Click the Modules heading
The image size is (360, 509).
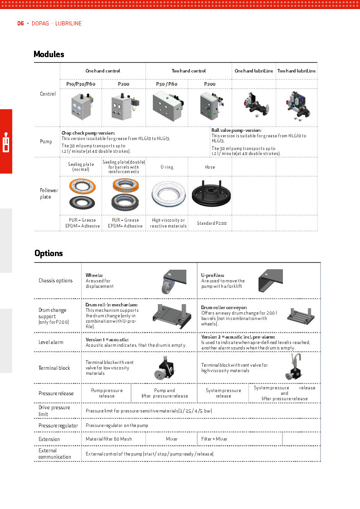(x=49, y=54)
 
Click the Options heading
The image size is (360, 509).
(x=49, y=253)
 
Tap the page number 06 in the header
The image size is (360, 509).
(x=20, y=24)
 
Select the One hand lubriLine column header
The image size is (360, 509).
(x=253, y=71)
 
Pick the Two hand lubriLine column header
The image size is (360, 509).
(x=297, y=71)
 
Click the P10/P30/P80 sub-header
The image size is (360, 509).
(x=81, y=84)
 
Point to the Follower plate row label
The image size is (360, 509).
(x=49, y=194)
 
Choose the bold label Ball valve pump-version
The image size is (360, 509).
(x=236, y=131)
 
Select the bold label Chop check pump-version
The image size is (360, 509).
(x=88, y=133)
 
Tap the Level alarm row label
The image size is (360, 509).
(x=51, y=343)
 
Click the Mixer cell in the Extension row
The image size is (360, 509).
(x=171, y=439)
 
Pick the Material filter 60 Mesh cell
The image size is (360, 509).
(x=109, y=439)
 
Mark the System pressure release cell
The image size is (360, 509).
(x=223, y=393)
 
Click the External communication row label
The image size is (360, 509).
(x=55, y=454)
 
